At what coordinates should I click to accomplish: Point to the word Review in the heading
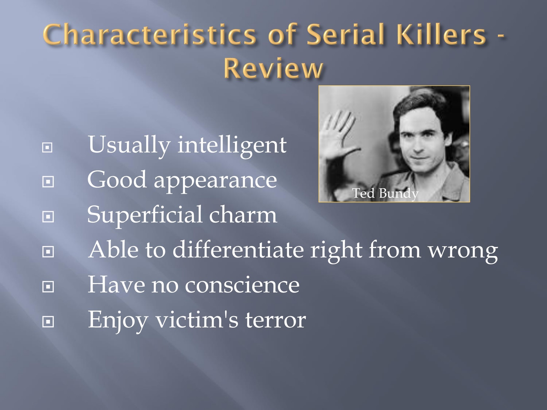pos(273,69)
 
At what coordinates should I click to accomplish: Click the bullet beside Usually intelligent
pos(48,148)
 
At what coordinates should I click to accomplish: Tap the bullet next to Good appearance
pos(48,182)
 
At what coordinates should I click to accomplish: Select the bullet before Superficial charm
pos(48,217)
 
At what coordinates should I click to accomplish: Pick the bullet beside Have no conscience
pos(48,286)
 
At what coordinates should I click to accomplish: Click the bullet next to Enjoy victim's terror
pos(48,321)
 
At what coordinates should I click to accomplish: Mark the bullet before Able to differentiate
pos(48,252)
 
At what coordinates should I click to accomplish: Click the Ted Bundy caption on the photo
pos(385,193)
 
